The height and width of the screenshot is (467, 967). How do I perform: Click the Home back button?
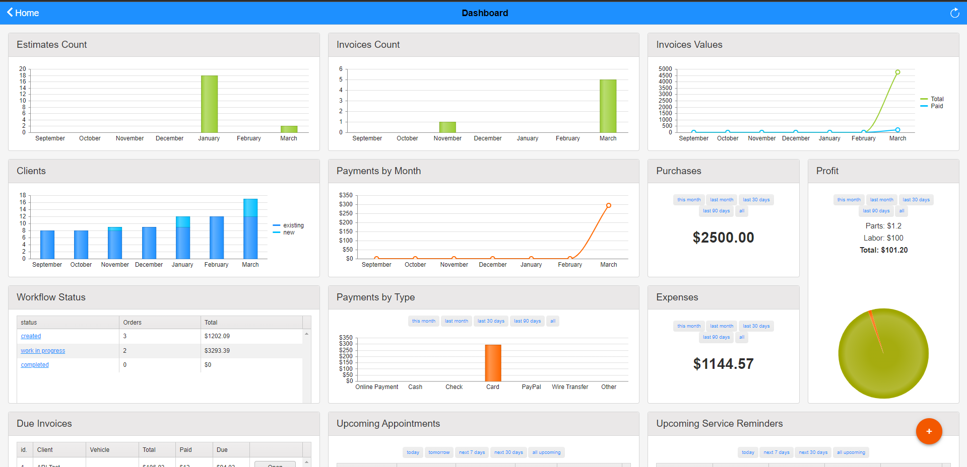click(23, 13)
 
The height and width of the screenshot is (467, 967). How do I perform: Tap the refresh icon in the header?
click(954, 13)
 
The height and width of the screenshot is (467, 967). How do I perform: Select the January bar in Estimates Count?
click(209, 104)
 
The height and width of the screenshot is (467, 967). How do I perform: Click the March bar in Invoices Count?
click(608, 106)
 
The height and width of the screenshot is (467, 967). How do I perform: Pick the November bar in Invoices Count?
click(447, 127)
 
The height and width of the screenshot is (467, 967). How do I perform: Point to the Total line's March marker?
click(897, 72)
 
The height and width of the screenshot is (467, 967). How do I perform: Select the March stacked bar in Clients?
click(250, 229)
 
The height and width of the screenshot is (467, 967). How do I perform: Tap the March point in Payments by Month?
click(609, 205)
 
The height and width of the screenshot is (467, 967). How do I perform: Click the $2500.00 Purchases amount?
click(723, 238)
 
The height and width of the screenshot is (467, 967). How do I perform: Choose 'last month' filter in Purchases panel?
click(722, 200)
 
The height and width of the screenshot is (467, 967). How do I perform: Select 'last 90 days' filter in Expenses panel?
click(716, 337)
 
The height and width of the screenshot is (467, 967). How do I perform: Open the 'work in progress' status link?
click(43, 351)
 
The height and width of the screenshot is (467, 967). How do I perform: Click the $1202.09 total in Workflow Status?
click(217, 336)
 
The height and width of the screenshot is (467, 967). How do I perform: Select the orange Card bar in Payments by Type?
click(493, 363)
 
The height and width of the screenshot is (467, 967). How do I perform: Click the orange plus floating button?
click(929, 431)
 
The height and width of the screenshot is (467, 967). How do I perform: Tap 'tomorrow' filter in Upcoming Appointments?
click(439, 452)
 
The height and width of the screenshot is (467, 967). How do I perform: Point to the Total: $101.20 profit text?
click(883, 250)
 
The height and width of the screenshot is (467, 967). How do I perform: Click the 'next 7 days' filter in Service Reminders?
click(776, 452)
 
